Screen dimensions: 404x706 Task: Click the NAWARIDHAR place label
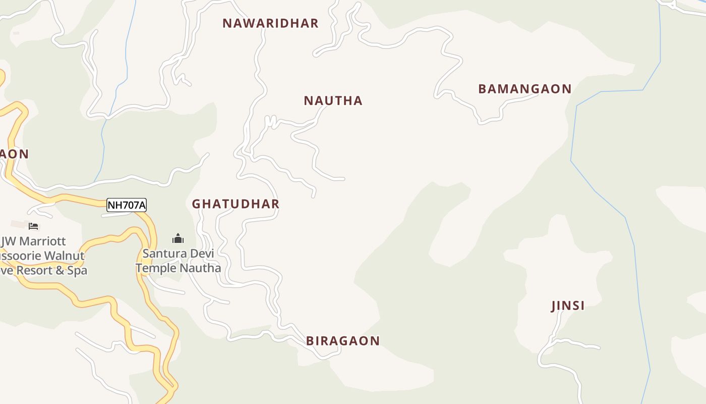pos(270,23)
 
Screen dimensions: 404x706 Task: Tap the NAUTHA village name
pos(333,100)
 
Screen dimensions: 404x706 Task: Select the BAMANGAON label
pos(524,89)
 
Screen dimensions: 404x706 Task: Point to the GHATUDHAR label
pos(236,204)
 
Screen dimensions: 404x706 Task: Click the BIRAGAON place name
pos(342,341)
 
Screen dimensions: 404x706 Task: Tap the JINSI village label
pos(568,306)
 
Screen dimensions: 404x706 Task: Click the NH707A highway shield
pos(126,205)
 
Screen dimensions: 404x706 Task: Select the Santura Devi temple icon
pos(178,238)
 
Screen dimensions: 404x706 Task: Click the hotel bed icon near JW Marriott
pos(33,226)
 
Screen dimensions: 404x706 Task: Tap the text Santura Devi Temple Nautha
pos(178,261)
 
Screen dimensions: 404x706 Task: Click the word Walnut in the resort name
pos(64,256)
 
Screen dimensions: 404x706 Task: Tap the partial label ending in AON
pos(14,154)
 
